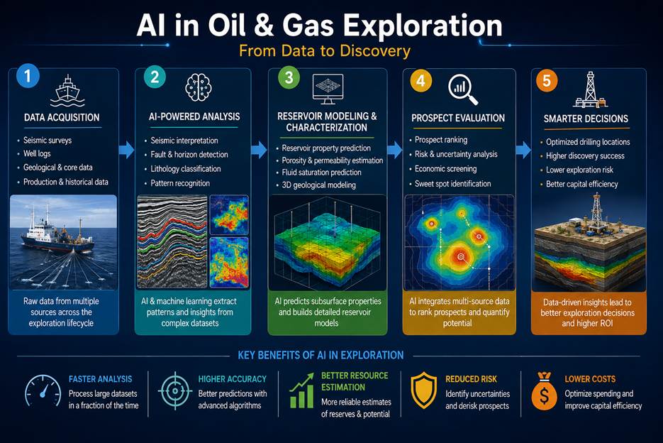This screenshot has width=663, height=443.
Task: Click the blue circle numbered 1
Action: tap(28, 76)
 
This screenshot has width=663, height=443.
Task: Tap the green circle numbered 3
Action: tap(289, 77)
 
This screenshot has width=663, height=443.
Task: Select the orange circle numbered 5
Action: tap(546, 80)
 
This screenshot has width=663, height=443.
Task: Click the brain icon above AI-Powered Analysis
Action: tap(199, 87)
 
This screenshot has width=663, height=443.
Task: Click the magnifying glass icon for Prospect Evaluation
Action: tap(462, 89)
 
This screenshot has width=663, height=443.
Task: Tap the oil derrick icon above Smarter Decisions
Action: tap(590, 89)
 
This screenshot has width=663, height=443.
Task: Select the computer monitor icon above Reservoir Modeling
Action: tap(328, 89)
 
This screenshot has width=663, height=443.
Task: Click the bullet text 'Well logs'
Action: tap(37, 154)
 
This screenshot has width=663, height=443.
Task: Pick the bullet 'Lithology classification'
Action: tap(186, 168)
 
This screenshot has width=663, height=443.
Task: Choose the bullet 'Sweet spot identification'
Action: tap(453, 184)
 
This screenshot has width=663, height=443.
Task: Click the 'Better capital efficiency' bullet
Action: tap(582, 185)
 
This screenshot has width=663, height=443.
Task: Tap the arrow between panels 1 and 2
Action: tap(126, 150)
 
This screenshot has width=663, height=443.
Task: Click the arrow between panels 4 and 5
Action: tap(523, 150)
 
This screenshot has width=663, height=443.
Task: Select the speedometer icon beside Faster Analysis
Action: tap(43, 391)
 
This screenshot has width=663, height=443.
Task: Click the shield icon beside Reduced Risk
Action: tap(423, 390)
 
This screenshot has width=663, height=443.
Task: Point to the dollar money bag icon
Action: tap(544, 391)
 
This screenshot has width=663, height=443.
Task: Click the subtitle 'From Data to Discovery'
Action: tap(325, 51)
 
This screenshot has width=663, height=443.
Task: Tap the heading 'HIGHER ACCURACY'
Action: tap(232, 379)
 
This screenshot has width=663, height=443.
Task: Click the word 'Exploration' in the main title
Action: tap(423, 26)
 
